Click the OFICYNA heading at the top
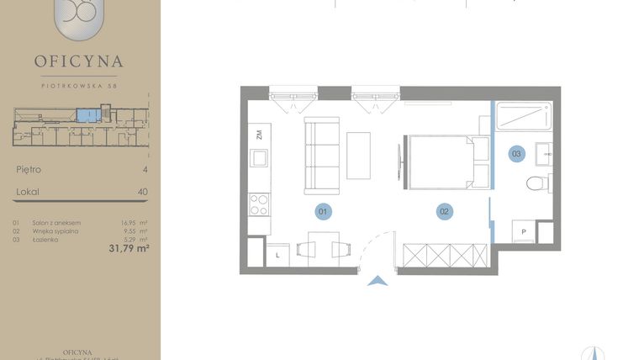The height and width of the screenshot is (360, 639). coord(80,61)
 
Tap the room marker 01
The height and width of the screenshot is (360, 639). coord(322,211)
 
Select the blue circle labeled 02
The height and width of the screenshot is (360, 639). coord(444,211)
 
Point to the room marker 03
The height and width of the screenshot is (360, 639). coord(517,153)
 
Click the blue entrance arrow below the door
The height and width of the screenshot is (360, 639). coord(378,283)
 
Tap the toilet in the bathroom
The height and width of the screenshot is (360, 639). coord(536,183)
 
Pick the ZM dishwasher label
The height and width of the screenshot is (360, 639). coord(260,134)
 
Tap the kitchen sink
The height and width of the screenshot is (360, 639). coord(259,158)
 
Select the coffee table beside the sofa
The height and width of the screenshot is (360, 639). coord(359,155)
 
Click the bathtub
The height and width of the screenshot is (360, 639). coord(523,116)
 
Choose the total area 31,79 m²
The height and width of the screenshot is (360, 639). coord(129,248)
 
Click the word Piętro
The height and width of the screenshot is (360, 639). coord(29,170)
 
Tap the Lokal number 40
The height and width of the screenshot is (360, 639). coord(143,192)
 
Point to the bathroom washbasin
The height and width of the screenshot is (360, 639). coord(542,154)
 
